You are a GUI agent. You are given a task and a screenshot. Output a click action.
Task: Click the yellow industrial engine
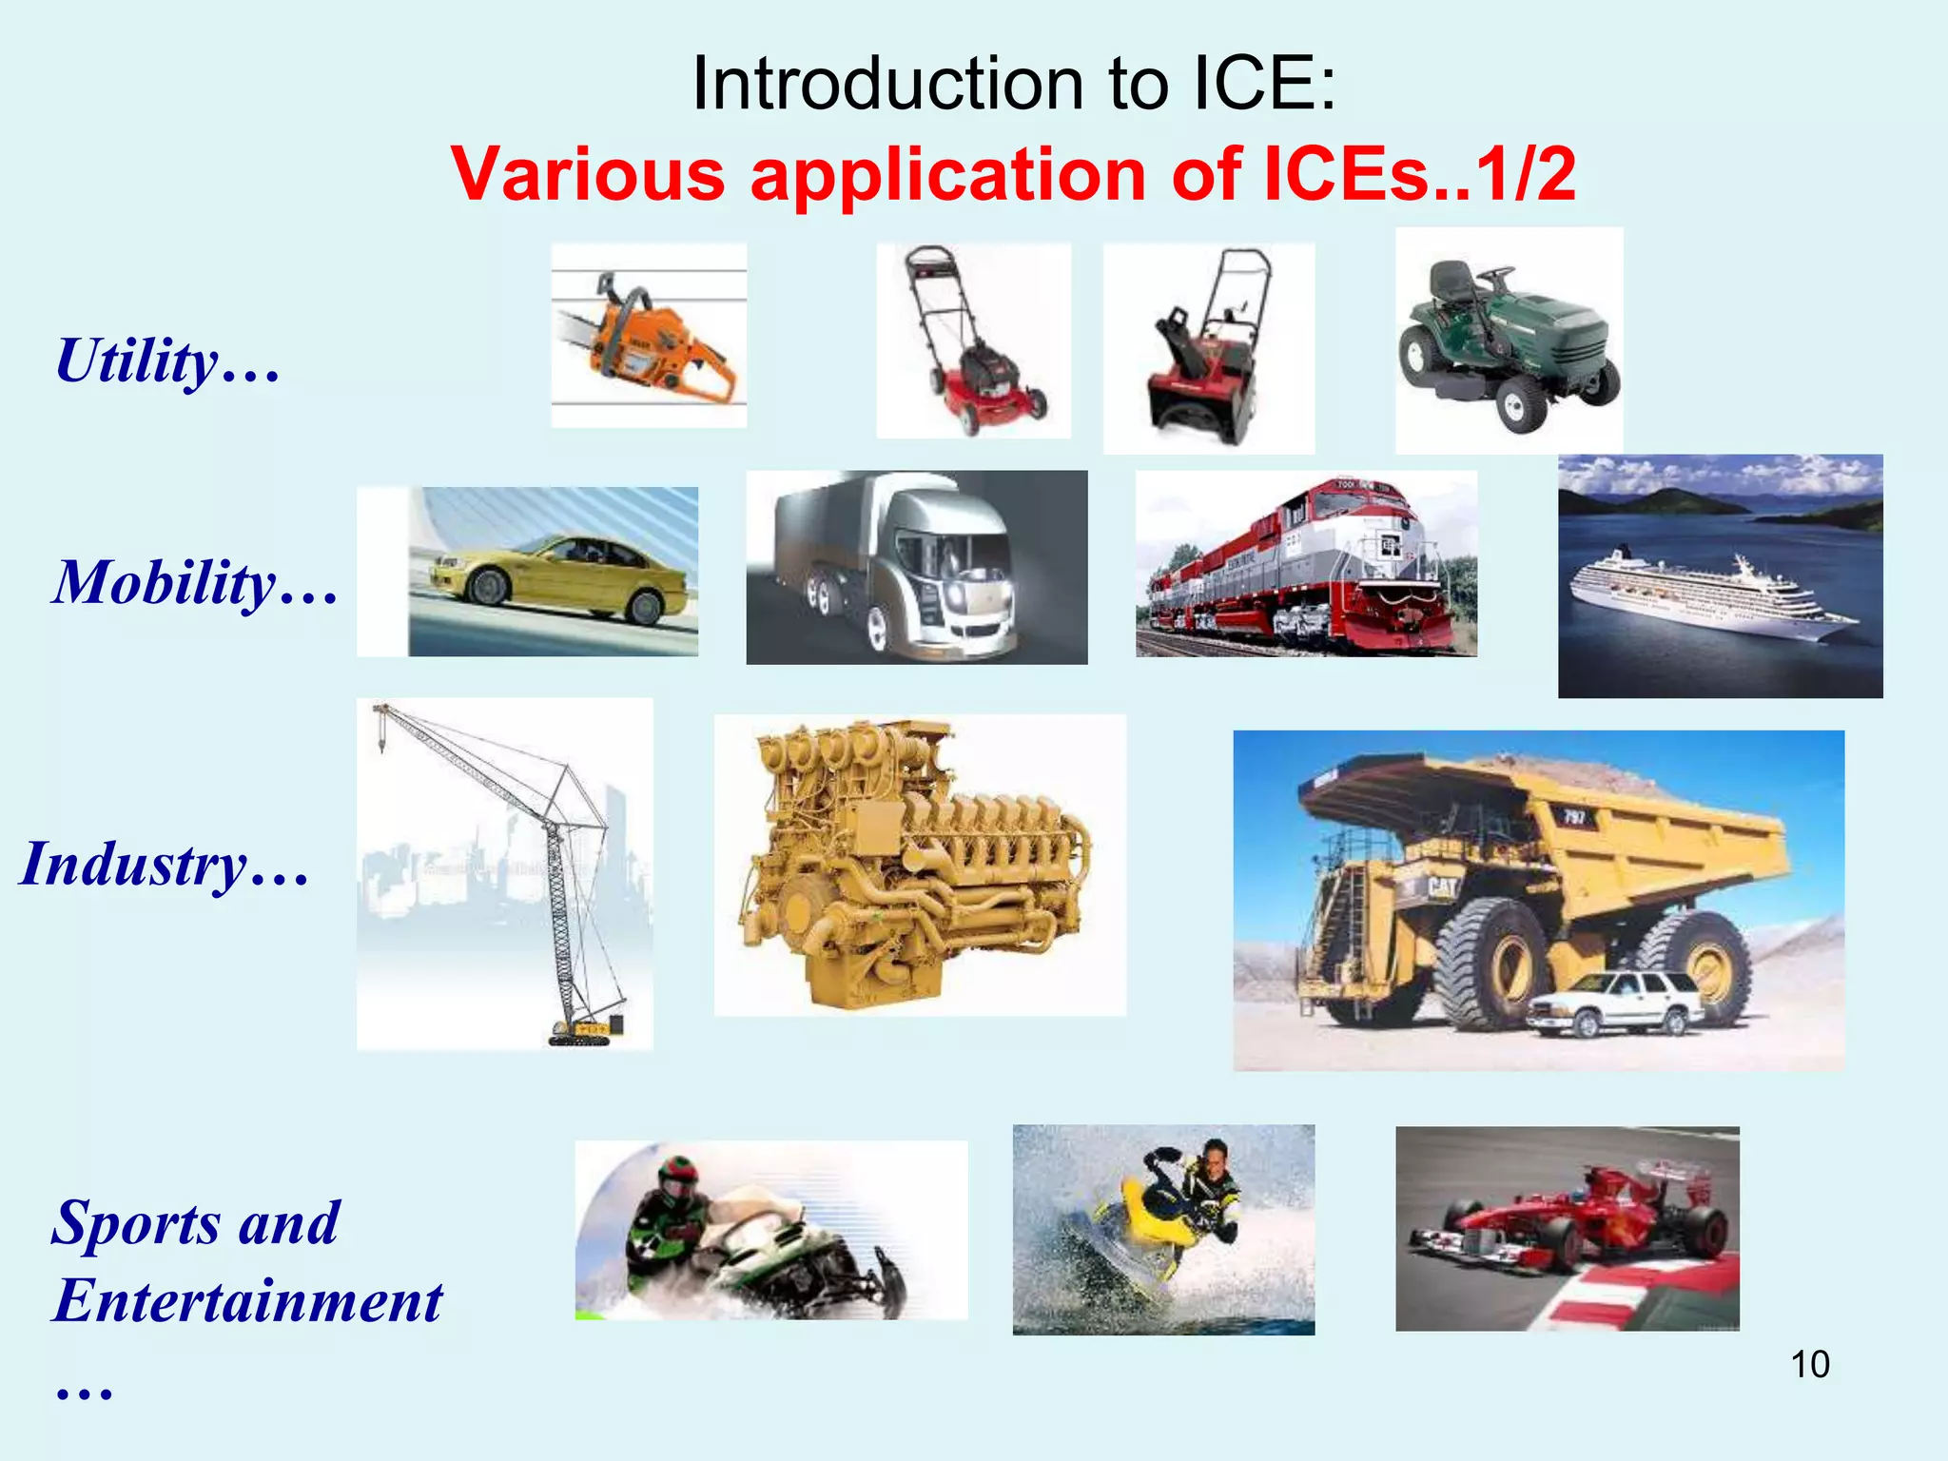913,866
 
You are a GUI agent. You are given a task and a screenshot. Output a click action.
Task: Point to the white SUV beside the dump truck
1617,1003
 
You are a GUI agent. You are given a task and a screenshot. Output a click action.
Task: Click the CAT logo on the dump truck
1442,888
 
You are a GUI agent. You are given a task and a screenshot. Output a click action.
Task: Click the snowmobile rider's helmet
676,1179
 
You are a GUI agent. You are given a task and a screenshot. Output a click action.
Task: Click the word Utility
138,361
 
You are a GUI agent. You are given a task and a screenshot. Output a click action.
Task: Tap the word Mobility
164,582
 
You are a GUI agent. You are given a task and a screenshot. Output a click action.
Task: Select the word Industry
133,865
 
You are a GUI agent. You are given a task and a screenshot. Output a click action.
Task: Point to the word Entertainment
247,1300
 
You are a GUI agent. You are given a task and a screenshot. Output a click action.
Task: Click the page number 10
1809,1364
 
